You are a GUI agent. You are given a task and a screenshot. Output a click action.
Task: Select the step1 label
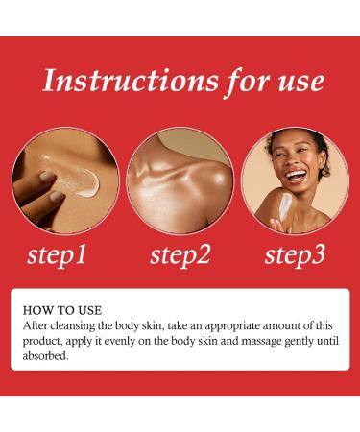57,256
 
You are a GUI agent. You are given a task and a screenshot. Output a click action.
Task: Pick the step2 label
180,256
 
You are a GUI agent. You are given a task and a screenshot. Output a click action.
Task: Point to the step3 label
295,256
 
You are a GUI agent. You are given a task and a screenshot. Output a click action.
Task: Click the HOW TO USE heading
62,310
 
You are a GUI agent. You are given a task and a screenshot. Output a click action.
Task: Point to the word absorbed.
45,356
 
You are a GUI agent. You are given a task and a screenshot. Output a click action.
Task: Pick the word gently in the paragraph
300,342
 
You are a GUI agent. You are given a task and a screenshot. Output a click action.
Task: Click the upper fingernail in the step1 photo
47,176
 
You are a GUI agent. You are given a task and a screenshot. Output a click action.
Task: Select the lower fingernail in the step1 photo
57,196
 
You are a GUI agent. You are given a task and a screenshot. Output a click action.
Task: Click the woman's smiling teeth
294,175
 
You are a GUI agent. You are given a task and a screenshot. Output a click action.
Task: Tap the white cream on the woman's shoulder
284,205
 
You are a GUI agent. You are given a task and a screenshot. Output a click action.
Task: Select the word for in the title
248,82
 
